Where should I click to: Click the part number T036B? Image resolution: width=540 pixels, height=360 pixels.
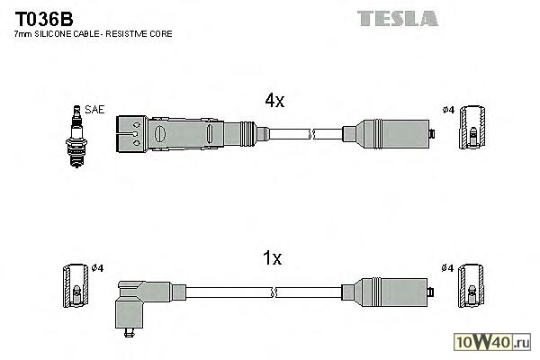point(44,19)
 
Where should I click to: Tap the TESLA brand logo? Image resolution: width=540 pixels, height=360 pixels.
point(398,19)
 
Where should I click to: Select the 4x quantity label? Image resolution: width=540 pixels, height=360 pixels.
point(274,100)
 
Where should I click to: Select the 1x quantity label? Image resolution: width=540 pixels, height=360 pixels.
point(272,257)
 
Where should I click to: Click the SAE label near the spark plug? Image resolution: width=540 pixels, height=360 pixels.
point(94,110)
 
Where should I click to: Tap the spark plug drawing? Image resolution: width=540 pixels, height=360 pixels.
point(76,137)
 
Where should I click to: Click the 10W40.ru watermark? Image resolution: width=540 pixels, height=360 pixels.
point(492,342)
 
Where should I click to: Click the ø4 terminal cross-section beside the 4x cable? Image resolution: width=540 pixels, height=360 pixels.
point(472,128)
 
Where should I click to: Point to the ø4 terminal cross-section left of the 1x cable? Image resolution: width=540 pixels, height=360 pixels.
point(76,285)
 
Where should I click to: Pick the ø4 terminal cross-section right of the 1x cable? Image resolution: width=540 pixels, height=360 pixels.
point(471,285)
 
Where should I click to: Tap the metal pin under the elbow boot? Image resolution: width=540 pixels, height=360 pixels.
point(130,332)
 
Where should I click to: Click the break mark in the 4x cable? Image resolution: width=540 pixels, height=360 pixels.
point(312,134)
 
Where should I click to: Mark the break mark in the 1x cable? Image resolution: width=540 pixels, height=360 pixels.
point(274,292)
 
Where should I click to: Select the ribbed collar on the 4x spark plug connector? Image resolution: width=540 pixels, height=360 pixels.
point(247,134)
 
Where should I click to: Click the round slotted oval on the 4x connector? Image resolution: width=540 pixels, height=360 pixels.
point(160,134)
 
